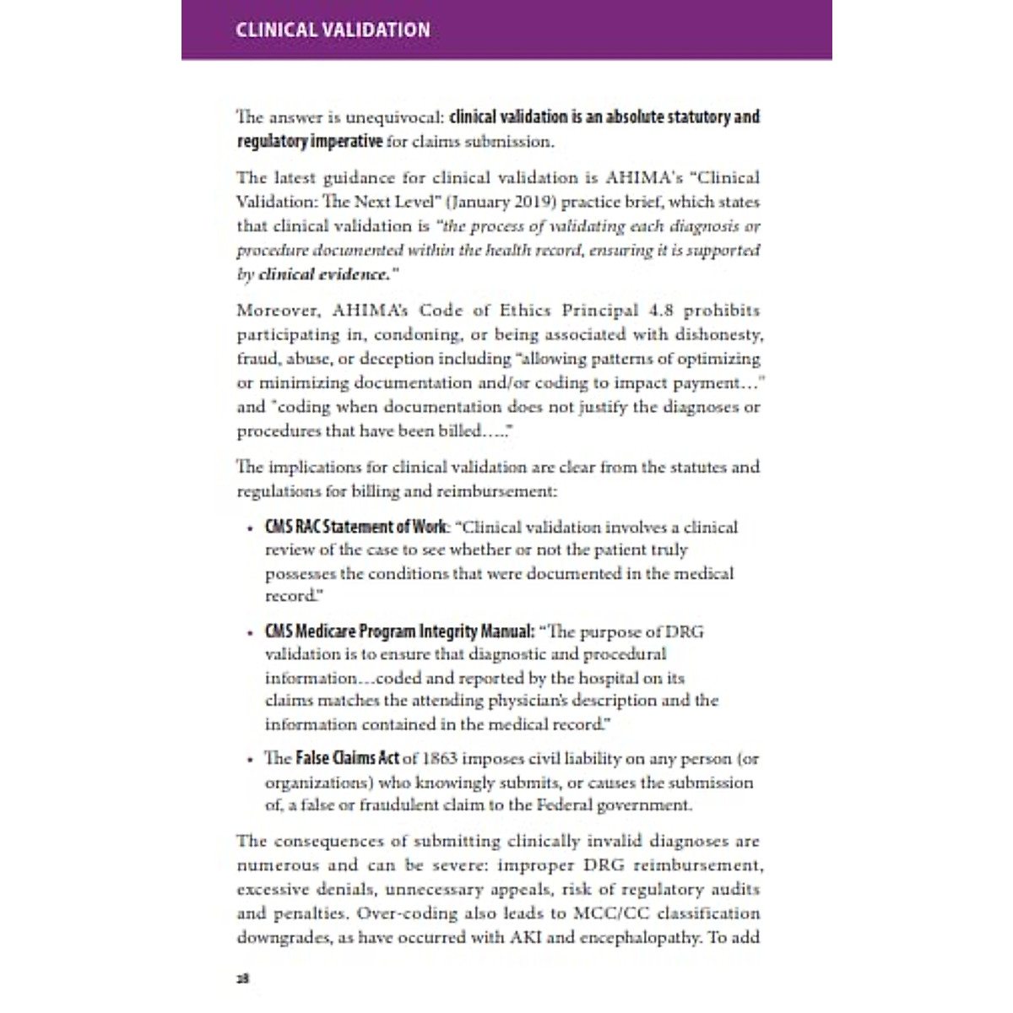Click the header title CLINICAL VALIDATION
pyautogui.click(x=333, y=30)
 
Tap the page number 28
pyautogui.click(x=242, y=978)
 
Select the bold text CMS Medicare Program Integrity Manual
pyautogui.click(x=399, y=631)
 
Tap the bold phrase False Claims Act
pyautogui.click(x=347, y=758)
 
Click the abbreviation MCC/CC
pyautogui.click(x=604, y=913)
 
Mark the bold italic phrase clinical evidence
pyautogui.click(x=325, y=274)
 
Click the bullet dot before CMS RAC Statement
pyautogui.click(x=250, y=529)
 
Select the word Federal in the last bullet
pyautogui.click(x=556, y=804)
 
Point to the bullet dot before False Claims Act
pyautogui.click(x=250, y=760)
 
